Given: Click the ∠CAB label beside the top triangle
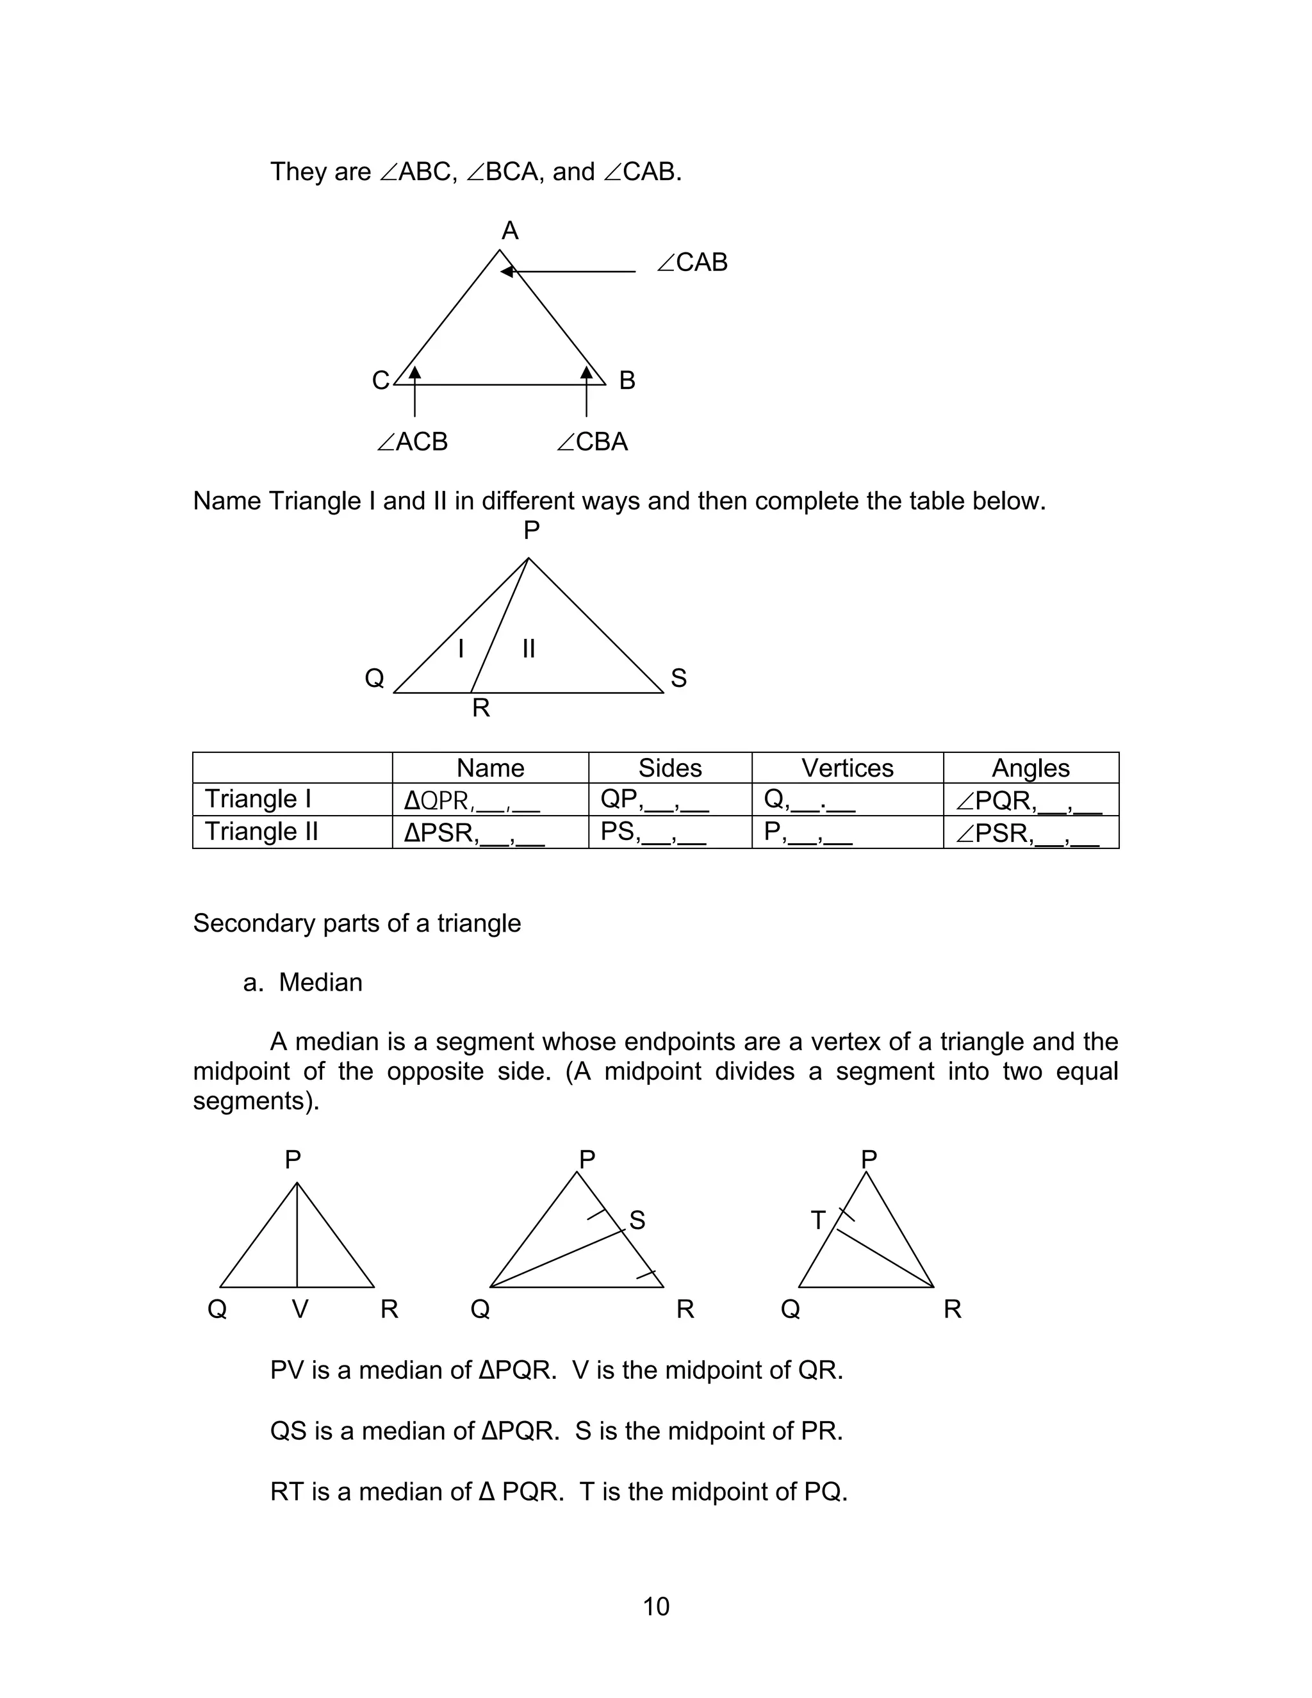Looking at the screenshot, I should (692, 263).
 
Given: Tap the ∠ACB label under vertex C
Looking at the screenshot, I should (412, 441).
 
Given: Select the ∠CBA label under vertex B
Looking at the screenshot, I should (593, 441).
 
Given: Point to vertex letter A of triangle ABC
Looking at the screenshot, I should (510, 231).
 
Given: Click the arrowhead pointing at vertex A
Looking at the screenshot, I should (507, 270).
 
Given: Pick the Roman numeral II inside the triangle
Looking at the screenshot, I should (529, 648).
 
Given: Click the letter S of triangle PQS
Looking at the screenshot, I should (678, 678).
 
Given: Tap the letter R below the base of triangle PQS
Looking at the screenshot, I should (481, 708).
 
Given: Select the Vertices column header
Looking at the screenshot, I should (847, 768).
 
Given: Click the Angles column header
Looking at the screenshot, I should (1031, 768).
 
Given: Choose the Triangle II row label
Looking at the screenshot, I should (261, 832).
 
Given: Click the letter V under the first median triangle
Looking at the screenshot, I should (300, 1309).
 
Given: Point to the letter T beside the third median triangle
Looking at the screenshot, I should (817, 1221).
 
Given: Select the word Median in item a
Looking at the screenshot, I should (320, 983).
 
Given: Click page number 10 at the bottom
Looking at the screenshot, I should (656, 1606).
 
